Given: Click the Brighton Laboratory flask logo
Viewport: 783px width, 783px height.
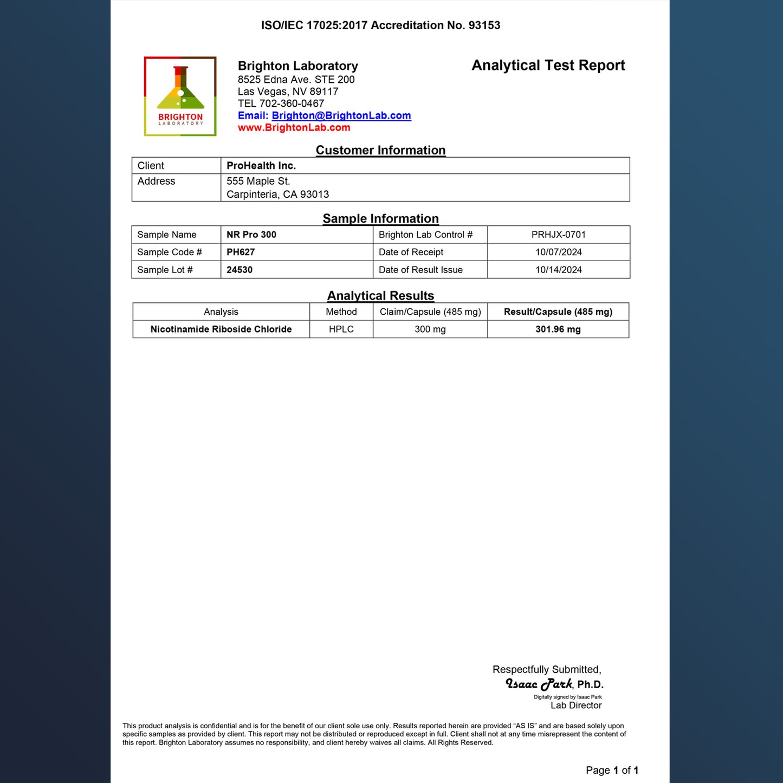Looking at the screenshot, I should [180, 96].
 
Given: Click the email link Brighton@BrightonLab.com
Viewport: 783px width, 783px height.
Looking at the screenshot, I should [341, 115].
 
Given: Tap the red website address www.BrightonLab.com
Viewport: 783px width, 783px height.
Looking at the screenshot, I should [294, 128].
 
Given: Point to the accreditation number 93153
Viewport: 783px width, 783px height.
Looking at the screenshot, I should [484, 25].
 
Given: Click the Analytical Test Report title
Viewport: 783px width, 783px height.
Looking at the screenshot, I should [548, 66].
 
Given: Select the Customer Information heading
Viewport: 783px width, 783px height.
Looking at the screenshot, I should [380, 150].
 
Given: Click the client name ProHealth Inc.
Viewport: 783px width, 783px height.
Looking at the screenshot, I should [261, 166].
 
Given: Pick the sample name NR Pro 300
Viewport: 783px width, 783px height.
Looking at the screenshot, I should [251, 235].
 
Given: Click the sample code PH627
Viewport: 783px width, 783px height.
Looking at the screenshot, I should [241, 252].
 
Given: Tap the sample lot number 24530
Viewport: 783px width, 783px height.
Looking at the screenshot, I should [240, 270].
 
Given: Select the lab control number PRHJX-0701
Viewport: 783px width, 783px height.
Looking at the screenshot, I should [558, 235].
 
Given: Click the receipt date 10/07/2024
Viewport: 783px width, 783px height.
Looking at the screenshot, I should [558, 252].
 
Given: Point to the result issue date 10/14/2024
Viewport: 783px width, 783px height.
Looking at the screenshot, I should [558, 270].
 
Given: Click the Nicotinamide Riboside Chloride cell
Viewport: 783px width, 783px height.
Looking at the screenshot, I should [221, 329].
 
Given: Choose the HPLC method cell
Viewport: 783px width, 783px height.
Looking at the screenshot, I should [341, 329].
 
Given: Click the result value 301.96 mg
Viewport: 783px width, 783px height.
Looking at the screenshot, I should [558, 329].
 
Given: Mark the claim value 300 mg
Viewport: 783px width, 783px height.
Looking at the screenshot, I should [430, 329].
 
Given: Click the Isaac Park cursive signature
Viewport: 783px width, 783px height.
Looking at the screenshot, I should [539, 684].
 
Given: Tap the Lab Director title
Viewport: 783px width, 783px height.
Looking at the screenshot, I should [576, 706].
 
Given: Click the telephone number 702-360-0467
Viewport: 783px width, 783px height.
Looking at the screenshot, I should [292, 103].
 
